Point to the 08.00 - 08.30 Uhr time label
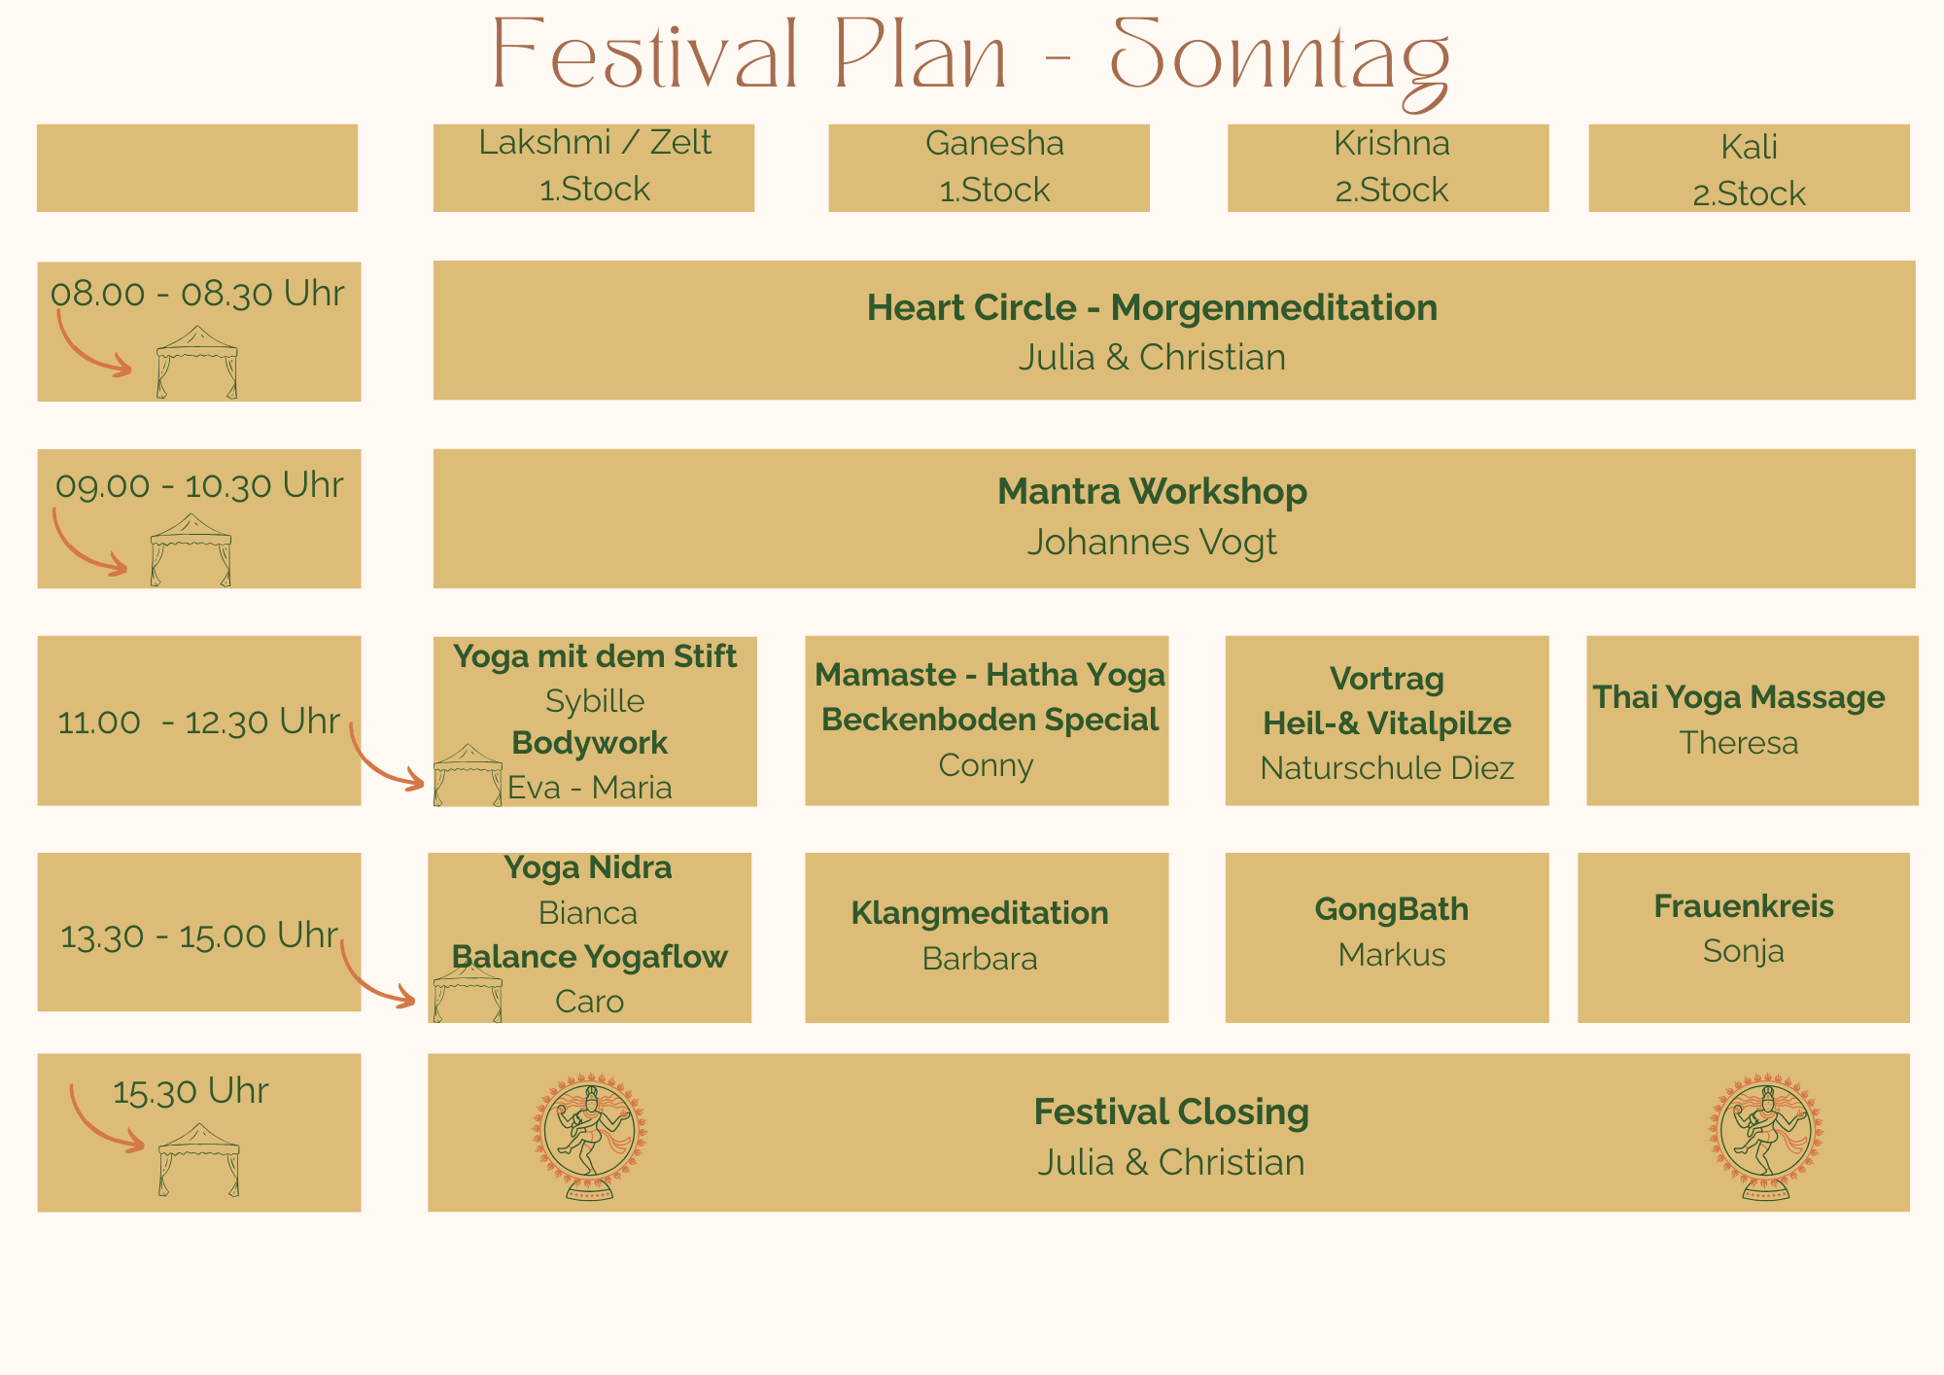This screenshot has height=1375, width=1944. (x=197, y=294)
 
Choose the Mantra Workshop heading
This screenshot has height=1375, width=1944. (x=1152, y=492)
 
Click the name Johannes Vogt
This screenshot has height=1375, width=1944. (x=1152, y=543)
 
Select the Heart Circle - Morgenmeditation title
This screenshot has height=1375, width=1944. (x=1152, y=308)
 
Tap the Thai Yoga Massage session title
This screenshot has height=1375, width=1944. (x=1739, y=697)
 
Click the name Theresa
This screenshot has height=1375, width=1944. (x=1739, y=743)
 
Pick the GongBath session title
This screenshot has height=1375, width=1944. (x=1391, y=909)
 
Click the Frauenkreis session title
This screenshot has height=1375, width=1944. (x=1744, y=906)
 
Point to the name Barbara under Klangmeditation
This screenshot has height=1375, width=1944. (x=980, y=959)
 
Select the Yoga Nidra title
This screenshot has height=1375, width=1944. (x=587, y=867)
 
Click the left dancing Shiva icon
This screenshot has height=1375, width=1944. (x=589, y=1136)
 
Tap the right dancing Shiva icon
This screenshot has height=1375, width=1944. (x=1766, y=1136)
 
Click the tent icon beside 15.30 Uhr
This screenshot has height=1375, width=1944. (x=198, y=1159)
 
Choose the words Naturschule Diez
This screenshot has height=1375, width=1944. (x=1387, y=768)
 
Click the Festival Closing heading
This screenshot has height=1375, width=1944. (x=1171, y=1111)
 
